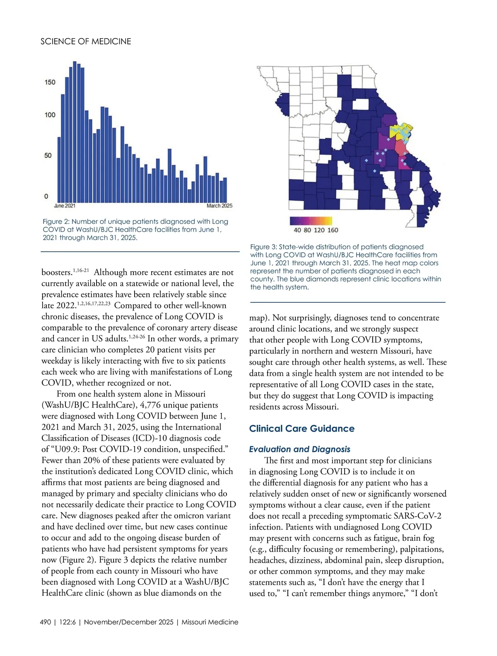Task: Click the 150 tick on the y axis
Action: point(50,82)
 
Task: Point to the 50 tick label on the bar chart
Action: point(48,155)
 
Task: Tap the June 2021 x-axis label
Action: point(65,206)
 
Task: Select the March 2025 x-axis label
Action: point(220,206)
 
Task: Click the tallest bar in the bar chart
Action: point(75,133)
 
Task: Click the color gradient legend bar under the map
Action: point(311,221)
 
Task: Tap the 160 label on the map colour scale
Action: point(333,230)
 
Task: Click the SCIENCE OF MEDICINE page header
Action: point(86,41)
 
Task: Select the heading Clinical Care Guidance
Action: point(302,429)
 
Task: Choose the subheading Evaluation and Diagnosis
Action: point(299,449)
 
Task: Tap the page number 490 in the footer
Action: point(46,622)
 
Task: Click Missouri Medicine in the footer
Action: point(210,622)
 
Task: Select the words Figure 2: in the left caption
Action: point(56,222)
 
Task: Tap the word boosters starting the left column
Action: point(57,272)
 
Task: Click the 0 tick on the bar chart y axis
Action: point(46,196)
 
